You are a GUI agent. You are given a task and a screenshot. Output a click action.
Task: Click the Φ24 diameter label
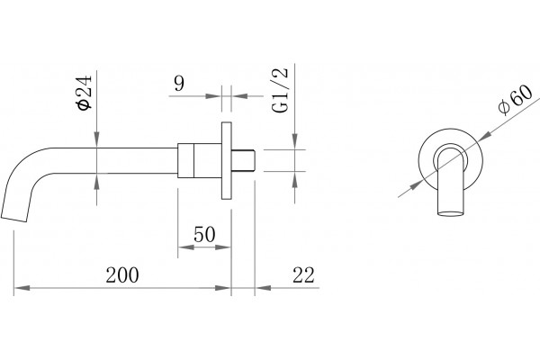pyautogui.click(x=85, y=93)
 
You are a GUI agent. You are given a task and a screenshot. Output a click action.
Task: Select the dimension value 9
pyautogui.click(x=179, y=84)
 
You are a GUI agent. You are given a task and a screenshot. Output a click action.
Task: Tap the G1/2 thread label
pyautogui.click(x=279, y=90)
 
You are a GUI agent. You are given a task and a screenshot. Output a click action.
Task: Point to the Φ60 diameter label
pyautogui.click(x=515, y=100)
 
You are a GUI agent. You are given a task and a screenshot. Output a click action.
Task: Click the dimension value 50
pyautogui.click(x=204, y=234)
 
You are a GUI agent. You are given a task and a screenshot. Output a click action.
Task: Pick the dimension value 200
pyautogui.click(x=122, y=274)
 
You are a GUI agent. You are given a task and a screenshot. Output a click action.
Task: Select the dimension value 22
pyautogui.click(x=303, y=274)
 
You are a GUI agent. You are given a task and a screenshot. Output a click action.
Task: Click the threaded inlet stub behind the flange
pyautogui.click(x=243, y=160)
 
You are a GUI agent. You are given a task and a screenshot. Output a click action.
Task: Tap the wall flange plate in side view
pyautogui.click(x=226, y=160)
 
